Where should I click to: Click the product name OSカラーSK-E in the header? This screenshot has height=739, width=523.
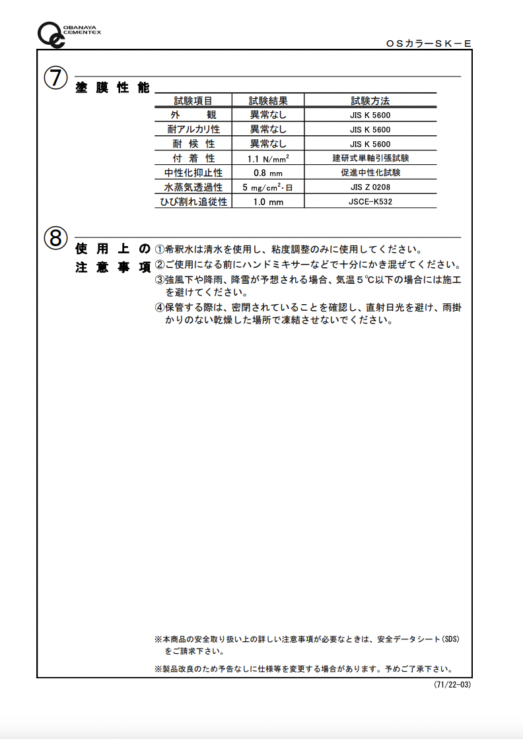tap(429, 44)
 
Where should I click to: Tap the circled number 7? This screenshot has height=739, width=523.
tap(55, 79)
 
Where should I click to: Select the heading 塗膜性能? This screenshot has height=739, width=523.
tap(112, 88)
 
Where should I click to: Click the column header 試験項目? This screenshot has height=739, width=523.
tap(193, 101)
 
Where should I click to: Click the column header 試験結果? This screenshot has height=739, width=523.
tap(267, 101)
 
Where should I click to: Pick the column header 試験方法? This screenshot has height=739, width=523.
tap(370, 101)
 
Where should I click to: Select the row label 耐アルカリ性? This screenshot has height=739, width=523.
tap(193, 130)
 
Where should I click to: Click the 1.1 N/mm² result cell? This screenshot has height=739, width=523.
tap(267, 159)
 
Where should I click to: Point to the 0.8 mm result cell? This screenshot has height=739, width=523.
tap(267, 173)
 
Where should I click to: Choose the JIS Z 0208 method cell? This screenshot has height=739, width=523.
tap(370, 187)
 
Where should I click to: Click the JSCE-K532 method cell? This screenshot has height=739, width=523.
tap(370, 201)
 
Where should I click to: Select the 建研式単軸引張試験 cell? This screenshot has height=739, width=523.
tap(370, 158)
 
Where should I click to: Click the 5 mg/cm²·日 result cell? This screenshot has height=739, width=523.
tap(267, 187)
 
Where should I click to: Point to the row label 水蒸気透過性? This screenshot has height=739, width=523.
tap(193, 187)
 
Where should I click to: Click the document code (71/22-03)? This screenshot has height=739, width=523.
tap(452, 685)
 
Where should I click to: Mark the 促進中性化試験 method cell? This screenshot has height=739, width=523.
tap(370, 173)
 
